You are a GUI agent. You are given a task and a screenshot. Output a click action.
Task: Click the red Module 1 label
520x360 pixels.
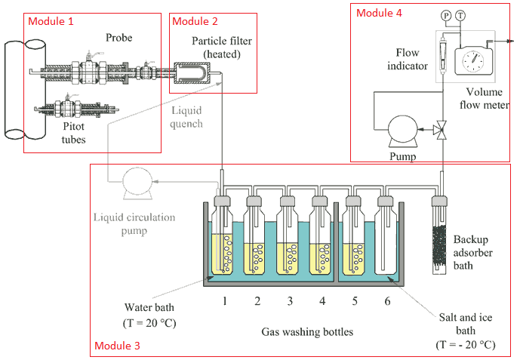point(51,21)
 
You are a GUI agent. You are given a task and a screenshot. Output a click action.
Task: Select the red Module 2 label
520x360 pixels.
point(197,21)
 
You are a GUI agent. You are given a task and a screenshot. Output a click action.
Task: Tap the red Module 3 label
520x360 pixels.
point(117,346)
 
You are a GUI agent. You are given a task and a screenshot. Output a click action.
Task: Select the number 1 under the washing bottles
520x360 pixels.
point(224,301)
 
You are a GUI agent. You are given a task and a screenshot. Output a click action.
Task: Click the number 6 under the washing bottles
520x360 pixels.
point(387,301)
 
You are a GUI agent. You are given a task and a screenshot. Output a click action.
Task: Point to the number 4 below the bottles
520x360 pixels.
point(322,301)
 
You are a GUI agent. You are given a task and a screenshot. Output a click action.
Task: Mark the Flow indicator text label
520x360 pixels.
point(412,60)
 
